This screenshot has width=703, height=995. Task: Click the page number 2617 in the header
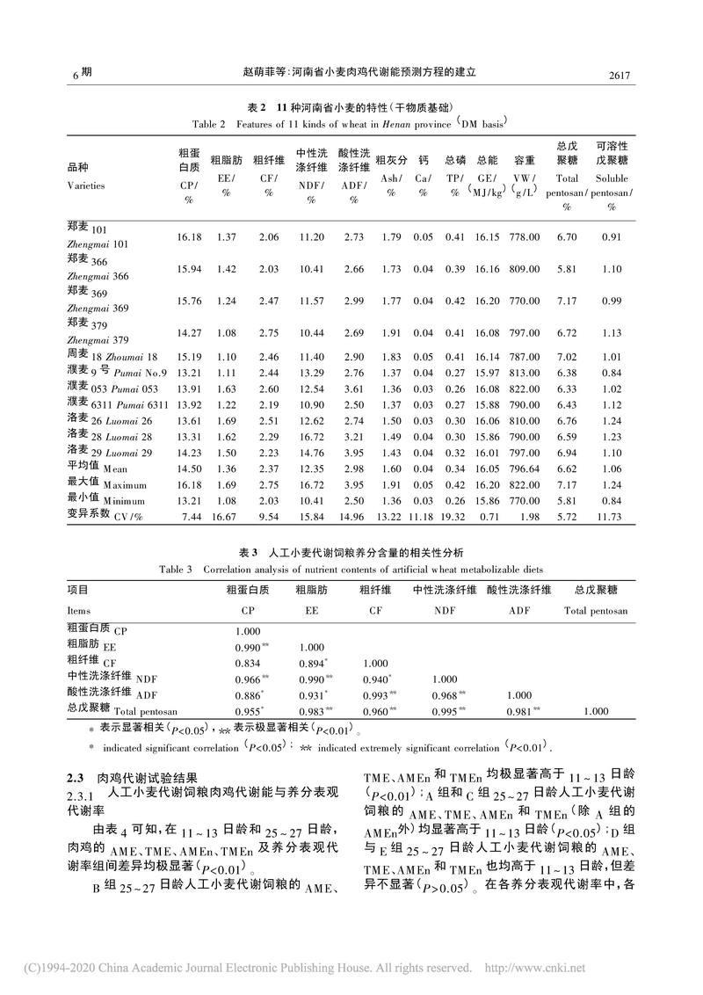pos(620,76)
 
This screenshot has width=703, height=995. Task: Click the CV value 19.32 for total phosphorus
pos(454,518)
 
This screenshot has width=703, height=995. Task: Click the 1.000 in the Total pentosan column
pos(598,709)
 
